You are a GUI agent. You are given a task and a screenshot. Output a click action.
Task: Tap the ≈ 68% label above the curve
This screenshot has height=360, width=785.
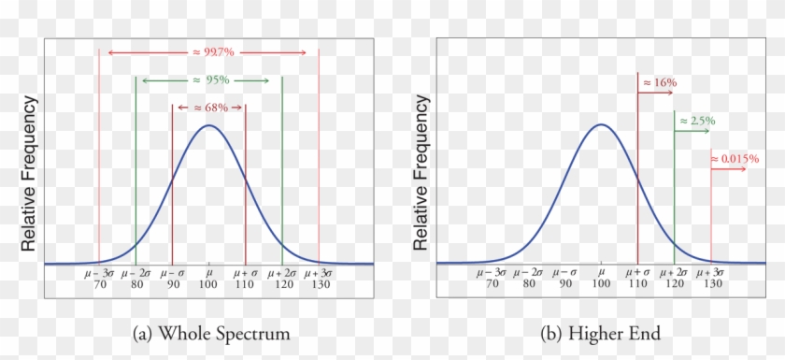point(208,108)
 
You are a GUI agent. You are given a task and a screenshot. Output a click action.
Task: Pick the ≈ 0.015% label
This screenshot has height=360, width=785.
point(735,159)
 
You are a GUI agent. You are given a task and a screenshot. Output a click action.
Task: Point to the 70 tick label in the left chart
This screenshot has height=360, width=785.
point(98,284)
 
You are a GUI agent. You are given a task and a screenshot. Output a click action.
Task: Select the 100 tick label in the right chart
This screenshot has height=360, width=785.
point(601,284)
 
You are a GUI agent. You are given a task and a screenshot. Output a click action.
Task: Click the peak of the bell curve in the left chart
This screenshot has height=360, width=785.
point(208,125)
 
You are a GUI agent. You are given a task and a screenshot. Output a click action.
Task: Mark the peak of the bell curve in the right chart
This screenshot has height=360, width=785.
point(601,125)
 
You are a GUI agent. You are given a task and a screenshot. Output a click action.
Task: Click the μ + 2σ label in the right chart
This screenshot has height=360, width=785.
point(675,272)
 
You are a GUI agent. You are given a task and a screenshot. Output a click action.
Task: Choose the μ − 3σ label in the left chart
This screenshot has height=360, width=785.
point(98,272)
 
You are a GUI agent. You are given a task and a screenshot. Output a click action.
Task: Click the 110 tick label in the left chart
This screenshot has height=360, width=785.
point(245,284)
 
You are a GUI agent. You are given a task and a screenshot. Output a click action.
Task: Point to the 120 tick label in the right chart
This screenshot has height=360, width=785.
point(675,284)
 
